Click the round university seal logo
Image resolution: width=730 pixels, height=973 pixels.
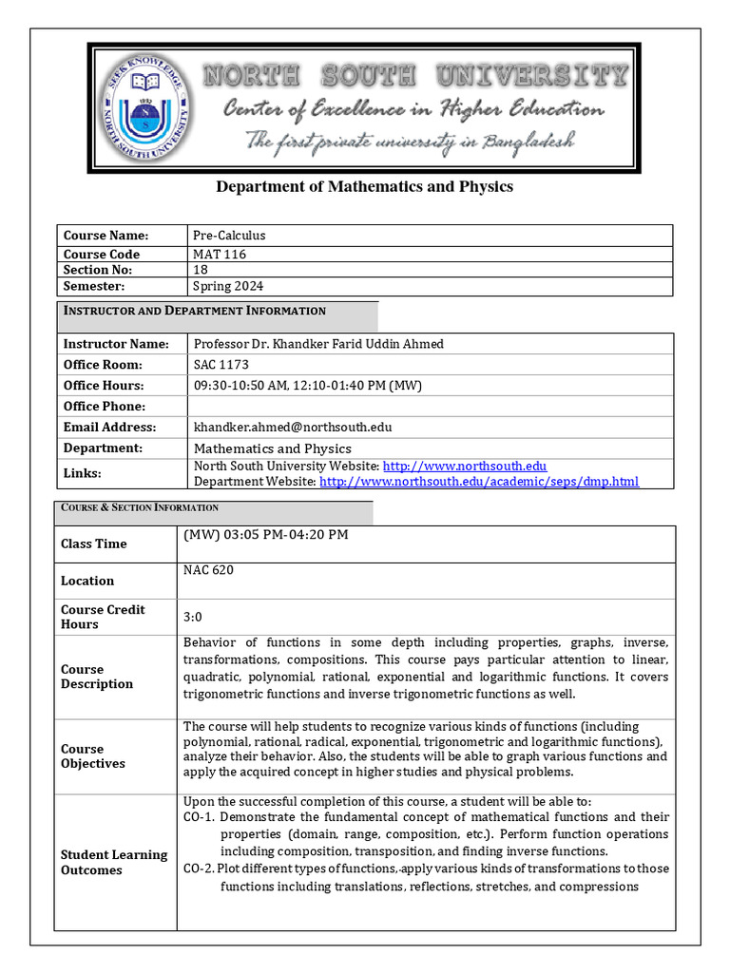144,107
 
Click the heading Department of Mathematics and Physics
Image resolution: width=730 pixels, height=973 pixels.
364,186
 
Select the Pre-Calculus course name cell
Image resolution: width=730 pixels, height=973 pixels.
229,235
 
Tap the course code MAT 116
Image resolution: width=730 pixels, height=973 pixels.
220,255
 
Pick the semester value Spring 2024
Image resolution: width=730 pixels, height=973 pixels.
228,286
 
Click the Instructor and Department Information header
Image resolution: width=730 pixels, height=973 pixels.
194,311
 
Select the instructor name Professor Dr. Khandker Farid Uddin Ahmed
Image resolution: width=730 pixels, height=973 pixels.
317,344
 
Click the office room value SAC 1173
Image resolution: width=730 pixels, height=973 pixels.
221,365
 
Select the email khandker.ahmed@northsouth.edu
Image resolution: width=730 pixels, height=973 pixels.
293,428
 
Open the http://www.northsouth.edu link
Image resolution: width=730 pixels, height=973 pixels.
464,466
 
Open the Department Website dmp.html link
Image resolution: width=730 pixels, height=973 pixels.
479,482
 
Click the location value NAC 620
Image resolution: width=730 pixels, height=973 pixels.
208,570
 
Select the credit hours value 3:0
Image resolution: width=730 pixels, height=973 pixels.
193,617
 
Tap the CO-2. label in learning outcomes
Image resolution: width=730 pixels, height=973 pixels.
199,868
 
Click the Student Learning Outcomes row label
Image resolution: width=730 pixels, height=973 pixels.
114,862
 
